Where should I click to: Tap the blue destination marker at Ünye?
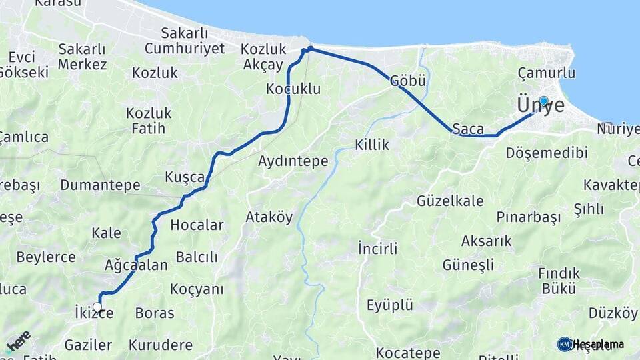click(543, 101)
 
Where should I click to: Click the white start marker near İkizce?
click(98, 307)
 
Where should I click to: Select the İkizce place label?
click(90, 313)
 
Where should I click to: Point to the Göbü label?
click(408, 81)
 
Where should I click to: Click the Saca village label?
click(467, 128)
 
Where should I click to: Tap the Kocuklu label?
click(293, 89)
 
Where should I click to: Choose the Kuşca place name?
click(185, 177)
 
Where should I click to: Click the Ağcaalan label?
click(136, 265)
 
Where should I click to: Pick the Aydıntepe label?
click(293, 161)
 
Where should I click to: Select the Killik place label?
click(372, 145)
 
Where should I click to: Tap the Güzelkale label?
click(450, 201)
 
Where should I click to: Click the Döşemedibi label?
click(547, 153)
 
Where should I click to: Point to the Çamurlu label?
click(546, 73)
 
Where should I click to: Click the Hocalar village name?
click(197, 225)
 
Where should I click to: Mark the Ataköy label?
click(269, 217)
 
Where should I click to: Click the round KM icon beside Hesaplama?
click(565, 344)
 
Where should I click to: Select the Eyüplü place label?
click(390, 305)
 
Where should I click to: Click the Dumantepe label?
click(100, 185)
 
